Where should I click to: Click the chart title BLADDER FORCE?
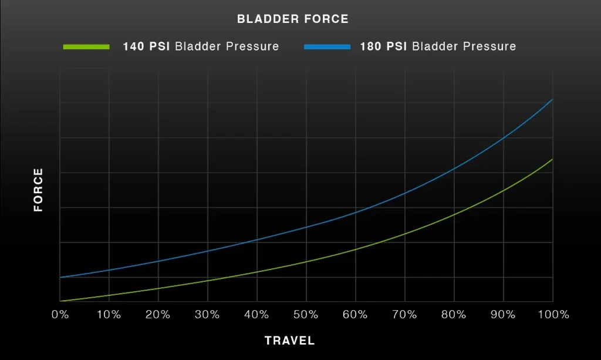pos(293,19)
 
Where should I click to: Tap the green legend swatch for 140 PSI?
pos(86,47)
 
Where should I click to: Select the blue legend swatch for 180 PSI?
pos(327,47)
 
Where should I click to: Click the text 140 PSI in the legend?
pos(146,46)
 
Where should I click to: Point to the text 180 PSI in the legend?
pos(383,46)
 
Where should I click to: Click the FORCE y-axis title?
pos(38,190)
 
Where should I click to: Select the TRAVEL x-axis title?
pos(290,341)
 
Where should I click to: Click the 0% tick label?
pos(60,315)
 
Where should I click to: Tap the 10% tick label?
pos(109,315)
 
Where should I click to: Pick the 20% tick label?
pos(158,315)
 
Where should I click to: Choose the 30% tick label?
pos(207,315)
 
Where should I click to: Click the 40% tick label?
pos(257,315)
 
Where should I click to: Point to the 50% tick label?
pos(306,315)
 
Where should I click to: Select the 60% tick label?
pos(355,315)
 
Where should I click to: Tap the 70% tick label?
pos(405,315)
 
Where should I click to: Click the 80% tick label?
pos(454,315)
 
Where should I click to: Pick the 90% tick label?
pos(503,315)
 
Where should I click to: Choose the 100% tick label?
pos(553,315)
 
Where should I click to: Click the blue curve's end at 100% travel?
pos(552,99)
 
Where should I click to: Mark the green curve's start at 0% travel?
pos(60,301)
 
